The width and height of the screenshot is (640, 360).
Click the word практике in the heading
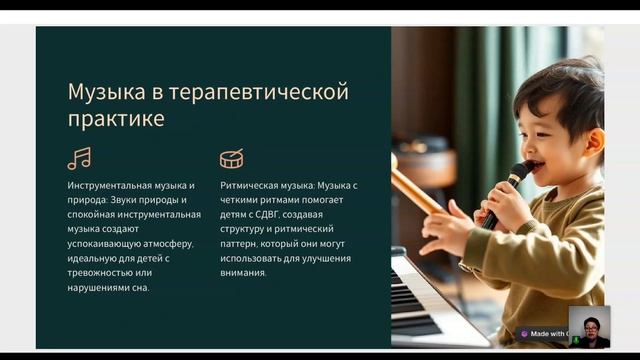(x=116, y=119)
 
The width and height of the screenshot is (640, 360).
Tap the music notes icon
(x=79, y=158)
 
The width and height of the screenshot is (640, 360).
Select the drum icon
(x=232, y=158)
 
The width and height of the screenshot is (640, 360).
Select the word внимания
(x=243, y=273)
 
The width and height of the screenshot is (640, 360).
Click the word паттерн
(x=242, y=244)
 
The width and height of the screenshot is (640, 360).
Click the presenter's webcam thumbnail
(x=589, y=327)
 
